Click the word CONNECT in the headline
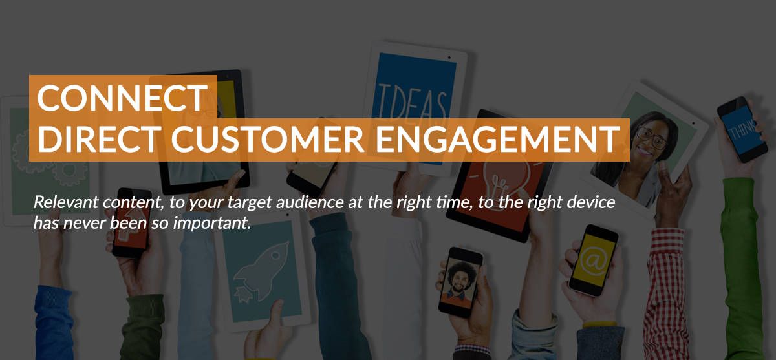click(x=123, y=98)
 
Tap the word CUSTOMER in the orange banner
click(x=268, y=138)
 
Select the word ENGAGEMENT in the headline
click(x=498, y=138)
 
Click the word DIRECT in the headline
click(x=99, y=138)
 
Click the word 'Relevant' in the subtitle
click(x=66, y=202)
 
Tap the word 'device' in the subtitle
click(x=590, y=202)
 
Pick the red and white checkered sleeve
click(x=665, y=294)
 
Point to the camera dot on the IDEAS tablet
click(x=449, y=58)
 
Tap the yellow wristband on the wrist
click(x=599, y=324)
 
